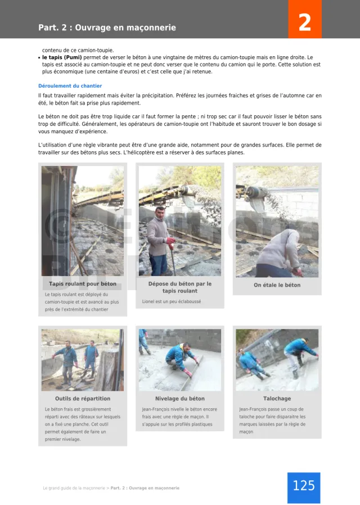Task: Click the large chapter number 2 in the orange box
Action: click(x=304, y=23)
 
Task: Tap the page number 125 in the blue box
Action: click(x=304, y=486)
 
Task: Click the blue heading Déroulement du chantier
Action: click(x=70, y=86)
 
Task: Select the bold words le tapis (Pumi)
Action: click(x=62, y=57)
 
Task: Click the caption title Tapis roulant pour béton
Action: click(x=83, y=284)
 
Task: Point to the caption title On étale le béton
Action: click(x=277, y=285)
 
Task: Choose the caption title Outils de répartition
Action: click(x=83, y=399)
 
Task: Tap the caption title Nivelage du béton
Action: click(x=180, y=399)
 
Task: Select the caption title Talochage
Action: click(x=277, y=399)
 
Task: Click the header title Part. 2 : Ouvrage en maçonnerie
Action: click(x=107, y=28)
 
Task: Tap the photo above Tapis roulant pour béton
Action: click(x=83, y=221)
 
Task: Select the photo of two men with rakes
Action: click(x=83, y=360)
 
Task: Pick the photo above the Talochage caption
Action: click(x=277, y=360)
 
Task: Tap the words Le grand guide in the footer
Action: click(x=59, y=488)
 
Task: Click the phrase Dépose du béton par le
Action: click(x=180, y=284)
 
